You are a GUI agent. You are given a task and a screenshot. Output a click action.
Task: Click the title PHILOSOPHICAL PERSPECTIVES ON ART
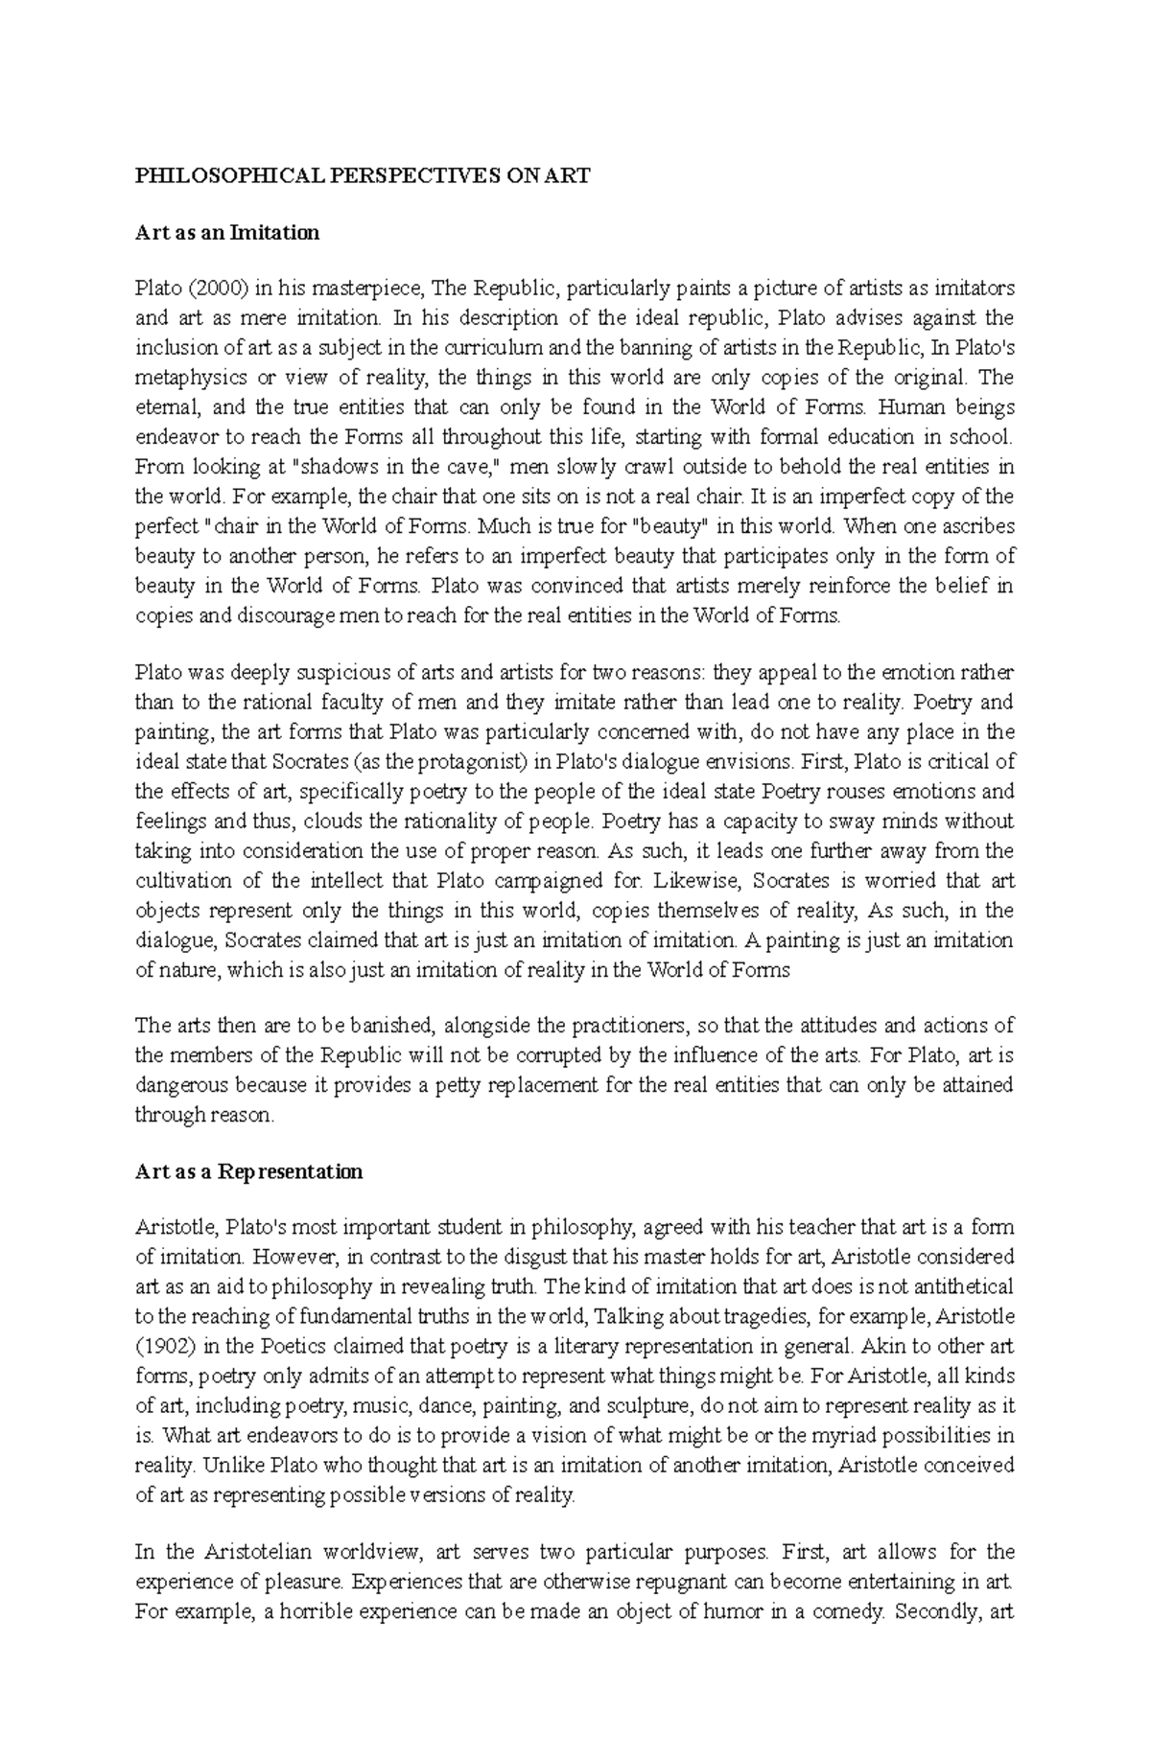(x=363, y=175)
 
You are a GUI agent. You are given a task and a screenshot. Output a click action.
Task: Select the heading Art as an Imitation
(x=226, y=232)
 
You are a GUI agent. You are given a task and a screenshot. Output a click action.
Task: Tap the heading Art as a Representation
(x=248, y=1171)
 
